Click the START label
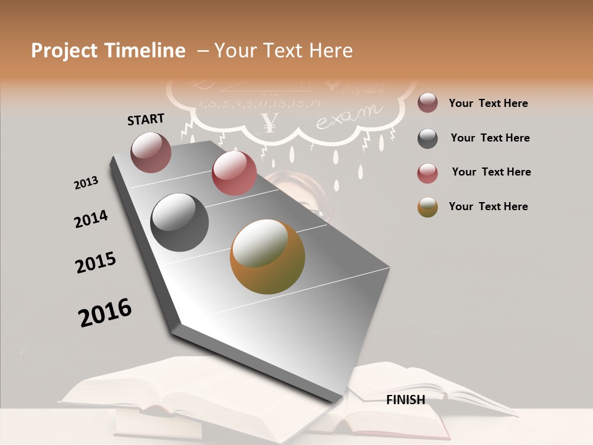(x=146, y=119)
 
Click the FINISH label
(x=405, y=400)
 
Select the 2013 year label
(x=86, y=183)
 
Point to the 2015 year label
(x=96, y=263)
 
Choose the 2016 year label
(x=105, y=312)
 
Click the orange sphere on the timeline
(x=267, y=256)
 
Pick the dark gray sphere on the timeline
(x=180, y=222)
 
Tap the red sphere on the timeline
(x=234, y=173)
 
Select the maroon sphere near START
(x=151, y=152)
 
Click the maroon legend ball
(x=427, y=103)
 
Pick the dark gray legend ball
(x=427, y=138)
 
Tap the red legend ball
(x=427, y=173)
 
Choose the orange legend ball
(x=427, y=207)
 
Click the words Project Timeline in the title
(x=108, y=51)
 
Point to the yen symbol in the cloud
(x=268, y=122)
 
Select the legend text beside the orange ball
(x=488, y=206)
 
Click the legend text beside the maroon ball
(x=488, y=103)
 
